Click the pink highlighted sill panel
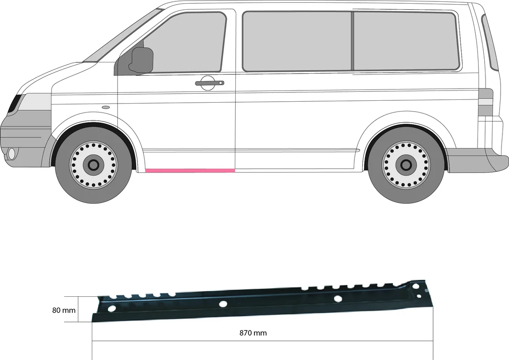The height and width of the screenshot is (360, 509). coord(190,170)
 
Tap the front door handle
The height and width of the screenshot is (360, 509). coord(210,83)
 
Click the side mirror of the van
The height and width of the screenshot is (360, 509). coord(142,60)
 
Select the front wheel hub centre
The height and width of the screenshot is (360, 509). coord(93,165)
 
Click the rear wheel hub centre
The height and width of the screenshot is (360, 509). coord(406,165)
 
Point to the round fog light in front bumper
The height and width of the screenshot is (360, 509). coord(12,154)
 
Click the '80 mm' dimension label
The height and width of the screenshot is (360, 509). coord(64,310)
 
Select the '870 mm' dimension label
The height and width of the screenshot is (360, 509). coord(253,333)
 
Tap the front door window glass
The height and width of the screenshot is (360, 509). coord(183,42)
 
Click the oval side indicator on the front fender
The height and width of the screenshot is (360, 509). coord(106,107)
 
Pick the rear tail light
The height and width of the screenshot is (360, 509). coord(486,102)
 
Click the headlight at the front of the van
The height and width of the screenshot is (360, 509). coord(15,104)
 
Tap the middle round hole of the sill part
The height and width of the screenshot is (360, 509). coord(223,304)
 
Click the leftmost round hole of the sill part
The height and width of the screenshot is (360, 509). coord(112,308)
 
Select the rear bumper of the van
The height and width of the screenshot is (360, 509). coord(477,160)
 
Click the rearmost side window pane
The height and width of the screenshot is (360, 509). coord(406,41)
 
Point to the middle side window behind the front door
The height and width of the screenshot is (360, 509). coord(297,41)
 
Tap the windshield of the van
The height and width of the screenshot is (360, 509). coord(122,36)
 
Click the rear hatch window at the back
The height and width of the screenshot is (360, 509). coord(490,42)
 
